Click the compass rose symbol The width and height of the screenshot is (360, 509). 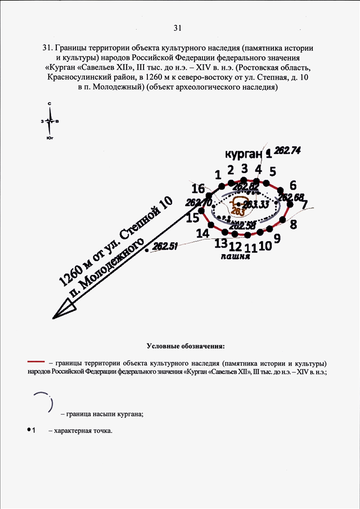[50, 120]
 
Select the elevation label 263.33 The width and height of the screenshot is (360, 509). [256, 204]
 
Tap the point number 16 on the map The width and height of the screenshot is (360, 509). [197, 188]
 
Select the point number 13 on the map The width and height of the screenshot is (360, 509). [220, 243]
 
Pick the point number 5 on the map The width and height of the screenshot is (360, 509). [272, 172]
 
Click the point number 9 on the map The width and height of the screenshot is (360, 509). [277, 238]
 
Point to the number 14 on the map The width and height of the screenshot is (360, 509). [202, 232]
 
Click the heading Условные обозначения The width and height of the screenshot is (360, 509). [185, 344]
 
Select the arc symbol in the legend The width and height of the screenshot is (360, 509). [45, 403]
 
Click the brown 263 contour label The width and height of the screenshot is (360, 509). [237, 211]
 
